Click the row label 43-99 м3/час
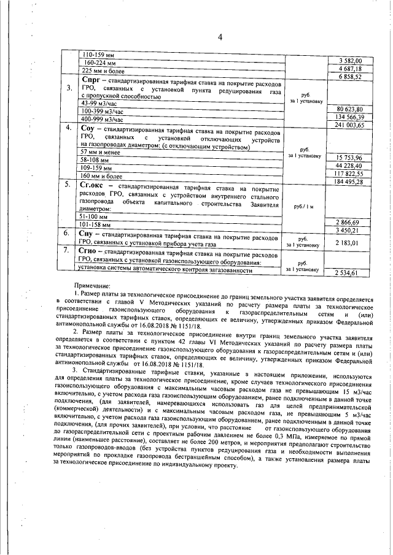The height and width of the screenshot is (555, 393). click(99, 104)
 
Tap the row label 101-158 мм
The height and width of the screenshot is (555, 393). click(96, 224)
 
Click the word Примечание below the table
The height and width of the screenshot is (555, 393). click(92, 286)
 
